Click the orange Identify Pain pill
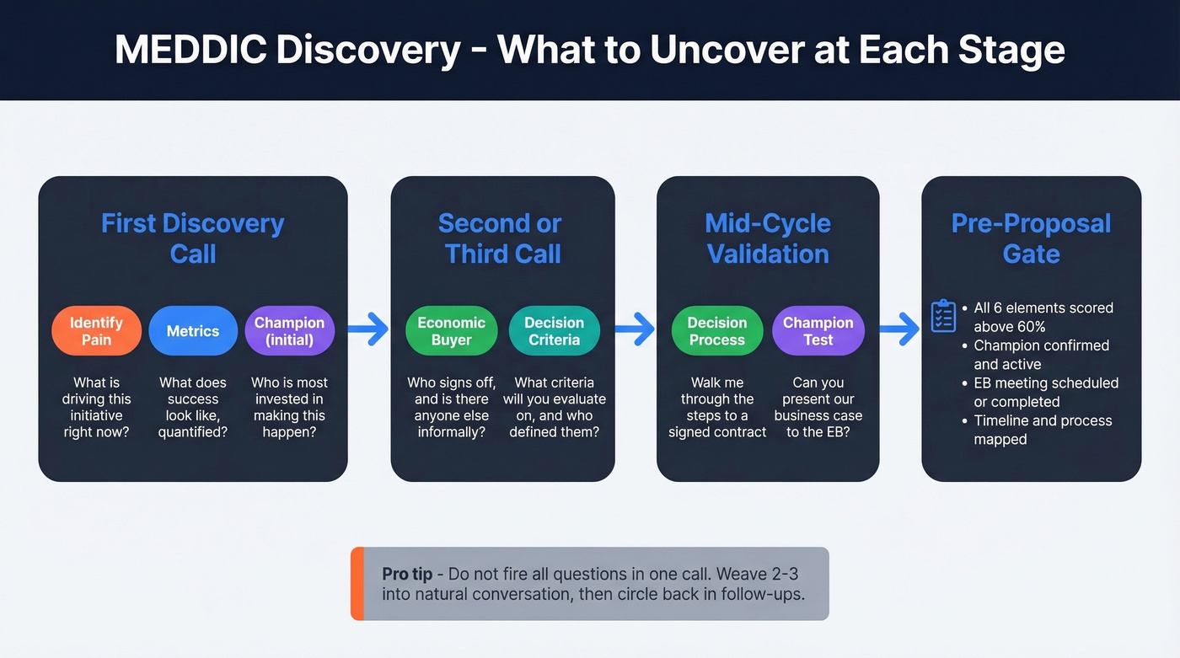pyautogui.click(x=96, y=331)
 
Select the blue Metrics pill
pyautogui.click(x=192, y=331)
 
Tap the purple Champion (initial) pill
pyautogui.click(x=289, y=331)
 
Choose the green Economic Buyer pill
pyautogui.click(x=451, y=331)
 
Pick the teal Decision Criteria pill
pyautogui.click(x=554, y=331)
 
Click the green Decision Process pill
pyautogui.click(x=716, y=331)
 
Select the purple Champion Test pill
pyautogui.click(x=818, y=331)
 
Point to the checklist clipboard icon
pyautogui.click(x=942, y=317)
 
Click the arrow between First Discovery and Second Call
pyautogui.click(x=368, y=329)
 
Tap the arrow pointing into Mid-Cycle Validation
pyautogui.click(x=635, y=329)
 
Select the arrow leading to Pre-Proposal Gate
pyautogui.click(x=899, y=329)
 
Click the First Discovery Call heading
pyautogui.click(x=192, y=238)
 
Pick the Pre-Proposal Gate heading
pyautogui.click(x=1031, y=238)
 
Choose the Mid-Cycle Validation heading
pyautogui.click(x=767, y=238)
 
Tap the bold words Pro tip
pyautogui.click(x=407, y=574)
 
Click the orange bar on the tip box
pyautogui.click(x=357, y=583)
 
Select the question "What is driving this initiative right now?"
pyautogui.click(x=96, y=408)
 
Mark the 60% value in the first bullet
pyautogui.click(x=1028, y=327)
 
